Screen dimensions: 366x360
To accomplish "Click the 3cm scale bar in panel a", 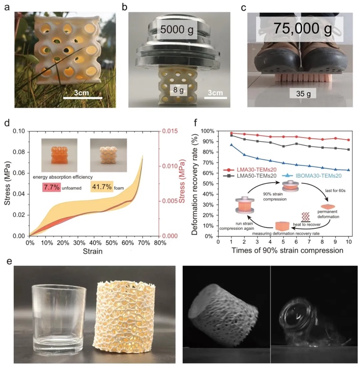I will (83, 98).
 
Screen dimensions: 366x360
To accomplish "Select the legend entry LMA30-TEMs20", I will (251, 170).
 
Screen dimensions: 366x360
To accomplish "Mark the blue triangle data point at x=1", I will (231, 144).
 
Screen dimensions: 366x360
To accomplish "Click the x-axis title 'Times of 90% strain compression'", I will (285, 250).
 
